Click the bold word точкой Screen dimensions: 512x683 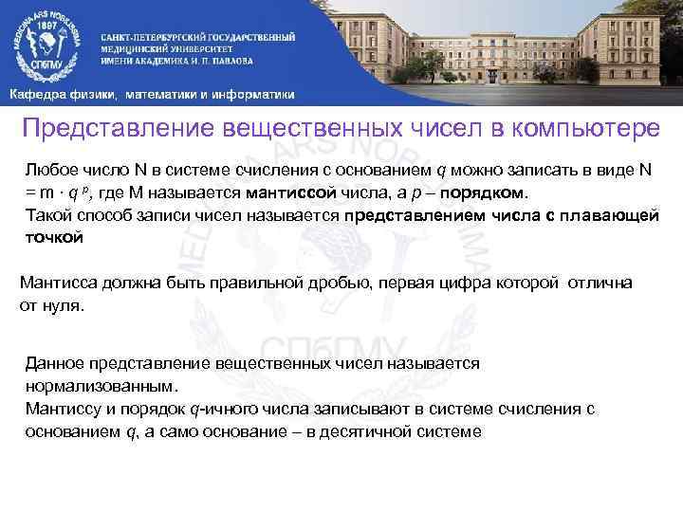click(x=53, y=238)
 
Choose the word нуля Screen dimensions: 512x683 click(x=64, y=306)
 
